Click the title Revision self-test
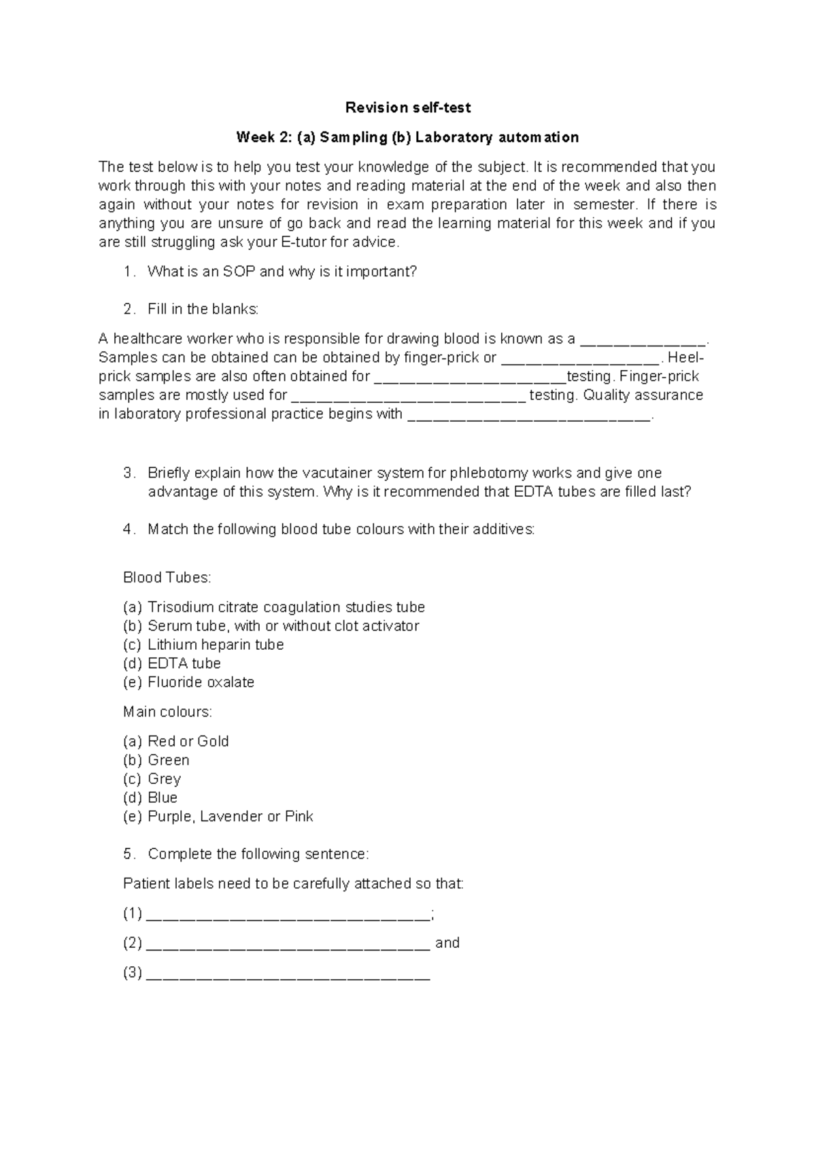point(408,108)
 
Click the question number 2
point(129,310)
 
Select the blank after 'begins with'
point(529,415)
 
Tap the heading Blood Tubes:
point(167,578)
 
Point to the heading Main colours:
point(167,712)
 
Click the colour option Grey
point(164,779)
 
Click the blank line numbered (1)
point(288,915)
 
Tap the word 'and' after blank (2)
point(447,943)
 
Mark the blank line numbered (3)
point(288,974)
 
